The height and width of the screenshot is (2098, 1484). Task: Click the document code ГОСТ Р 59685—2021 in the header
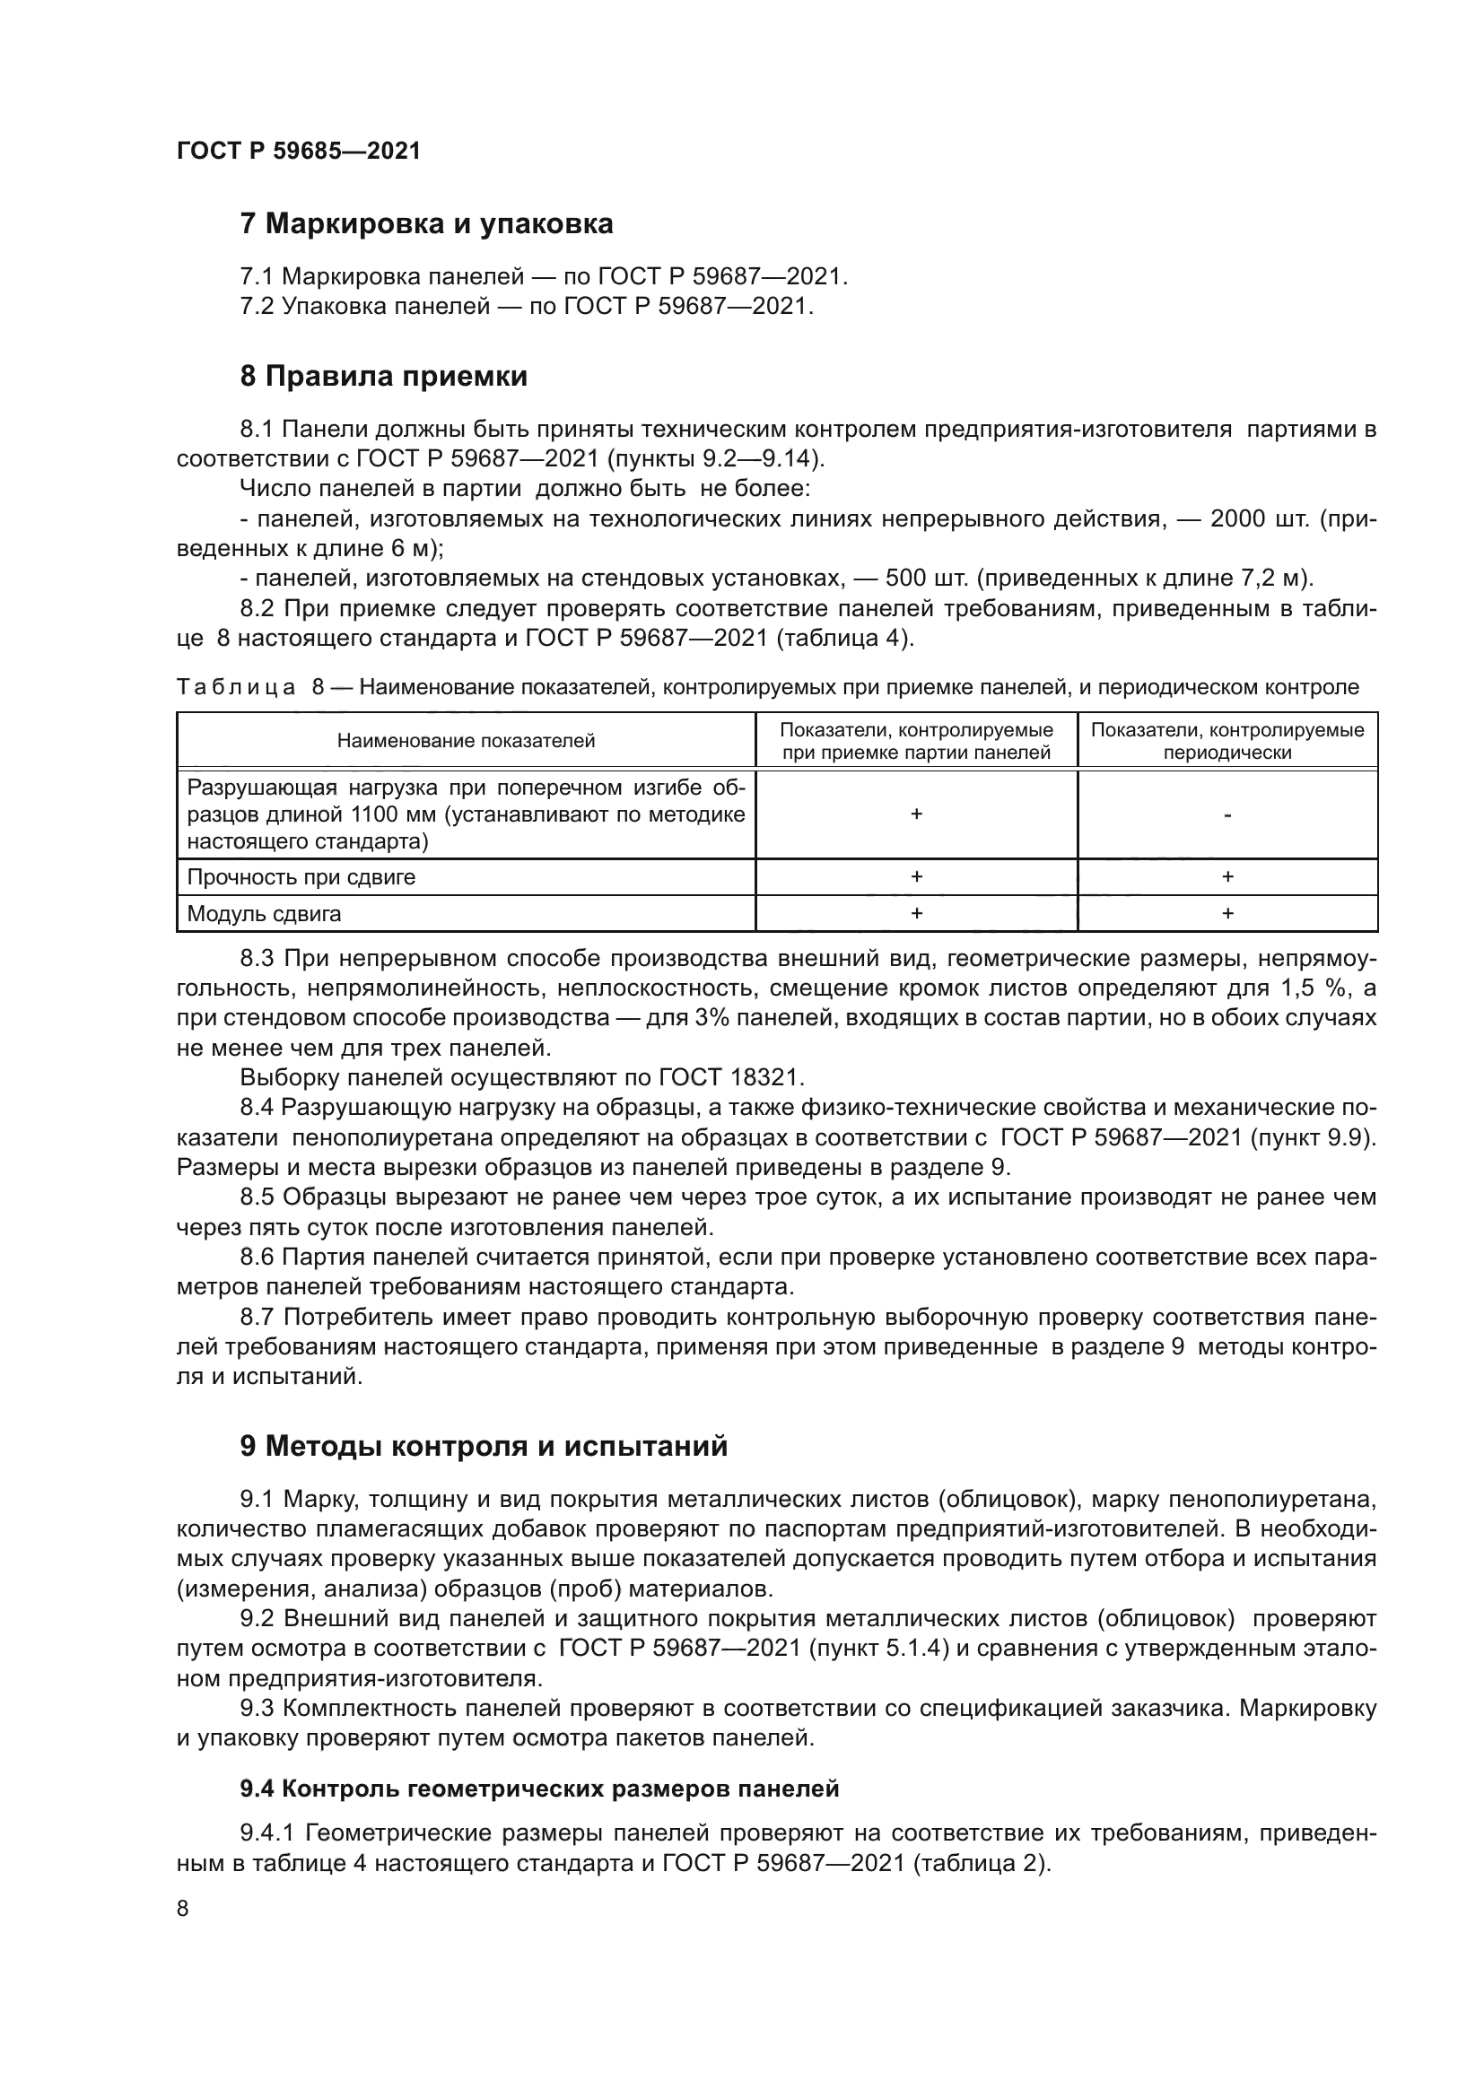pos(299,151)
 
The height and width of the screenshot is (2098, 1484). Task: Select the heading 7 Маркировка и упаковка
pos(426,224)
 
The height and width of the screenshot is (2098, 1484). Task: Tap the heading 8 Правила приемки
pos(384,377)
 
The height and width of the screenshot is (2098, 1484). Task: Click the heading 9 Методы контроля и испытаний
pos(484,1447)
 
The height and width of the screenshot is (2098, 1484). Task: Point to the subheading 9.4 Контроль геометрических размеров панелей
pos(539,1789)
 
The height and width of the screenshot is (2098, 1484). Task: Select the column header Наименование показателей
pos(466,741)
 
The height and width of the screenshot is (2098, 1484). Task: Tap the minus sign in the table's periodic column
pos(1227,814)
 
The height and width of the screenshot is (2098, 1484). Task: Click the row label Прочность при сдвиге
pos(301,877)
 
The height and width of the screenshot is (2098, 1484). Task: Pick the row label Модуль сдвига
pos(264,914)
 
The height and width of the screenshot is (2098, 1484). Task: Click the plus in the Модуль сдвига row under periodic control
pos(1227,914)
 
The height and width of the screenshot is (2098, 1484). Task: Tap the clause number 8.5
pos(261,1197)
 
